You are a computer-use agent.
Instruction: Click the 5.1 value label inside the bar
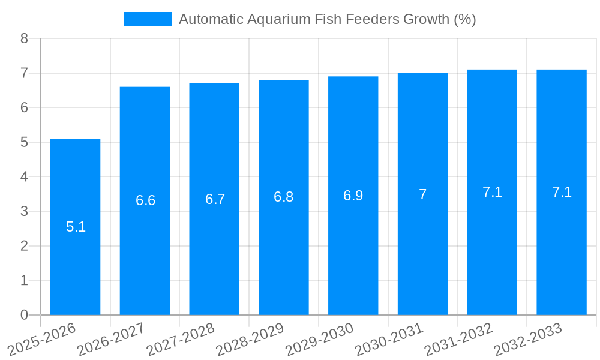[76, 227]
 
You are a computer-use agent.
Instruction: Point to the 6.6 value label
[145, 200]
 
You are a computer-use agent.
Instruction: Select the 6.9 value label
[353, 196]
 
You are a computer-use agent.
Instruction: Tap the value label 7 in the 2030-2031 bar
[422, 194]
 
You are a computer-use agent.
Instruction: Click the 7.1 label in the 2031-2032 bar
[492, 192]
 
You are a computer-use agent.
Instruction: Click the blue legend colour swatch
[147, 19]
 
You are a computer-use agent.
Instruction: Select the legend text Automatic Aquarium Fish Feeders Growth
[327, 19]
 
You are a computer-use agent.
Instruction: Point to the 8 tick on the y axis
[25, 38]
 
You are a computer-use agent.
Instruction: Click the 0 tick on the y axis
[25, 315]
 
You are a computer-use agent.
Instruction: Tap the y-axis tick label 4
[25, 177]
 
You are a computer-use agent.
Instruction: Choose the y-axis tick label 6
[25, 107]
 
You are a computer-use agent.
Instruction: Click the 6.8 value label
[284, 197]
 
